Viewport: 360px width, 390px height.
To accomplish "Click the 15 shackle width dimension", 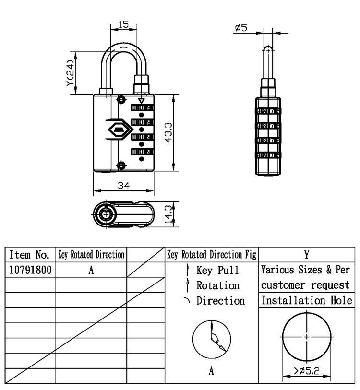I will click(x=123, y=24).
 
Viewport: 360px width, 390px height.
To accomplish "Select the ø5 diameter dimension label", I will click(x=241, y=28).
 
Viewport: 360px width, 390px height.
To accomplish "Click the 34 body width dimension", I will click(x=123, y=186).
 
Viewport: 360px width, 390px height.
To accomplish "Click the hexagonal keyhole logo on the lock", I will click(x=118, y=130).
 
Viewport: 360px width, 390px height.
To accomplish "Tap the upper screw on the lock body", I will click(x=121, y=99).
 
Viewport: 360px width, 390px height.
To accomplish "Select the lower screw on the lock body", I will click(x=121, y=165).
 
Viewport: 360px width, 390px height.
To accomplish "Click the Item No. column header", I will click(x=30, y=254).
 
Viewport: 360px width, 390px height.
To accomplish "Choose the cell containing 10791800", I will click(x=30, y=270).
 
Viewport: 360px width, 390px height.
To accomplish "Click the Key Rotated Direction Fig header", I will click(x=211, y=254).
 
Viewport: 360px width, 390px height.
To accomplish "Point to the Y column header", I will click(x=307, y=254).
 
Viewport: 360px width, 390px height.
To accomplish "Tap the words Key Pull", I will click(x=217, y=271).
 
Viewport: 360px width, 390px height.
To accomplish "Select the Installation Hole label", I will click(x=307, y=301).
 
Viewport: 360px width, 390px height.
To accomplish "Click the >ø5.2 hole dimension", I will click(x=307, y=370).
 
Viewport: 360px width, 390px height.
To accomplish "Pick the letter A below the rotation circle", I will click(x=211, y=371).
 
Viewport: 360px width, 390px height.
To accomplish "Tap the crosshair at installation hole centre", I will click(x=307, y=336).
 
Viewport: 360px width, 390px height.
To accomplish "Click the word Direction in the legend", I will click(x=220, y=301).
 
